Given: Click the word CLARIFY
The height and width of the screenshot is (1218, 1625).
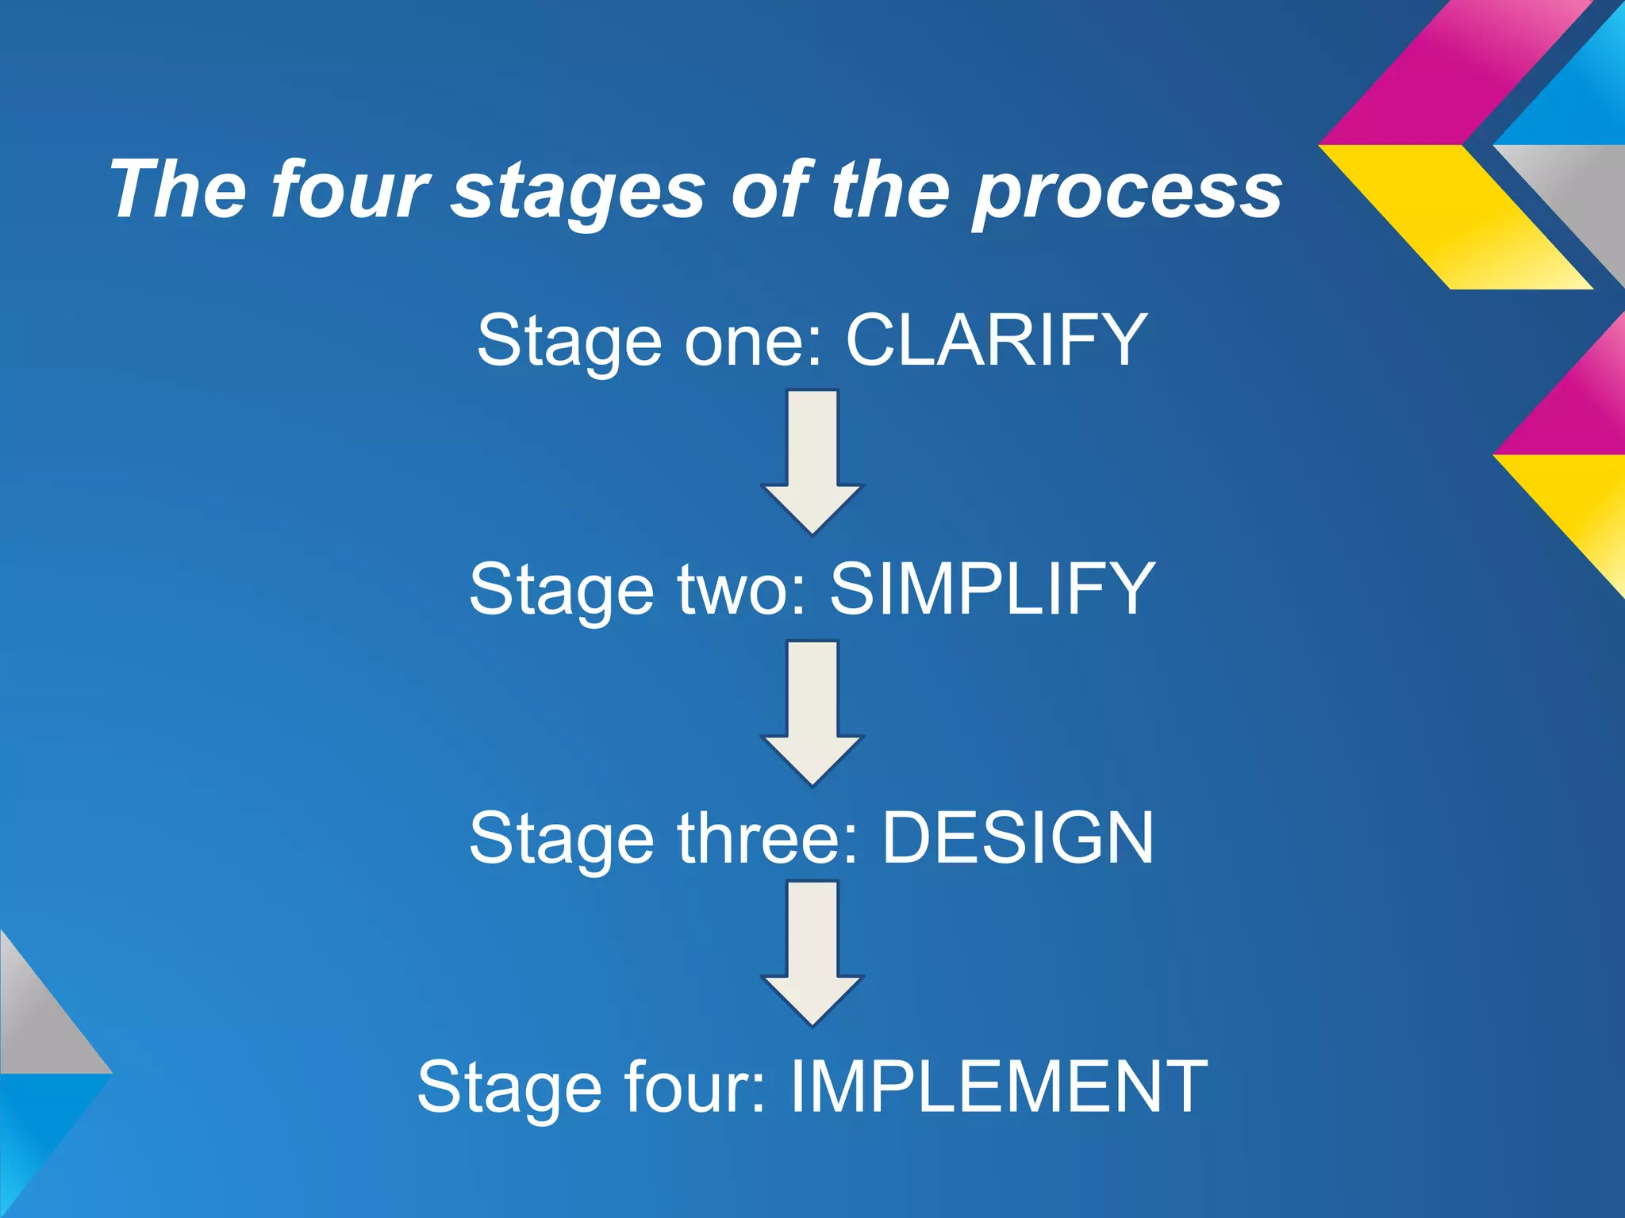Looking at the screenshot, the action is pyautogui.click(x=996, y=340).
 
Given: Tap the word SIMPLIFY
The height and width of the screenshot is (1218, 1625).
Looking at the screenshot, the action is pyautogui.click(x=992, y=589).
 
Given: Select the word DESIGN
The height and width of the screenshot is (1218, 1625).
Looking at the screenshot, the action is pyautogui.click(x=1018, y=838).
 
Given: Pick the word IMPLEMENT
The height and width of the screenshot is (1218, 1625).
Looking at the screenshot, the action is pyautogui.click(x=998, y=1087).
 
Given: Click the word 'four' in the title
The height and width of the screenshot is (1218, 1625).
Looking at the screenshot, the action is pyautogui.click(x=349, y=190).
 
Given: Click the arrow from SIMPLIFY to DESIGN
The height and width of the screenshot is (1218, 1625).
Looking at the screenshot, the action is pyautogui.click(x=812, y=712).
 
